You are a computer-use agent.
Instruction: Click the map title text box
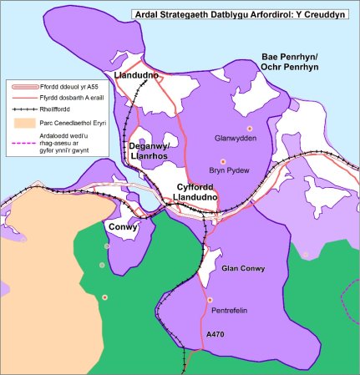click(x=243, y=13)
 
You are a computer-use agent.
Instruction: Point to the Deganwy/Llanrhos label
click(x=150, y=151)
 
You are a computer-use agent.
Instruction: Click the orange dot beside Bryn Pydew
click(x=221, y=160)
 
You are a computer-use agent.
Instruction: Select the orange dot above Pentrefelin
click(x=210, y=299)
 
